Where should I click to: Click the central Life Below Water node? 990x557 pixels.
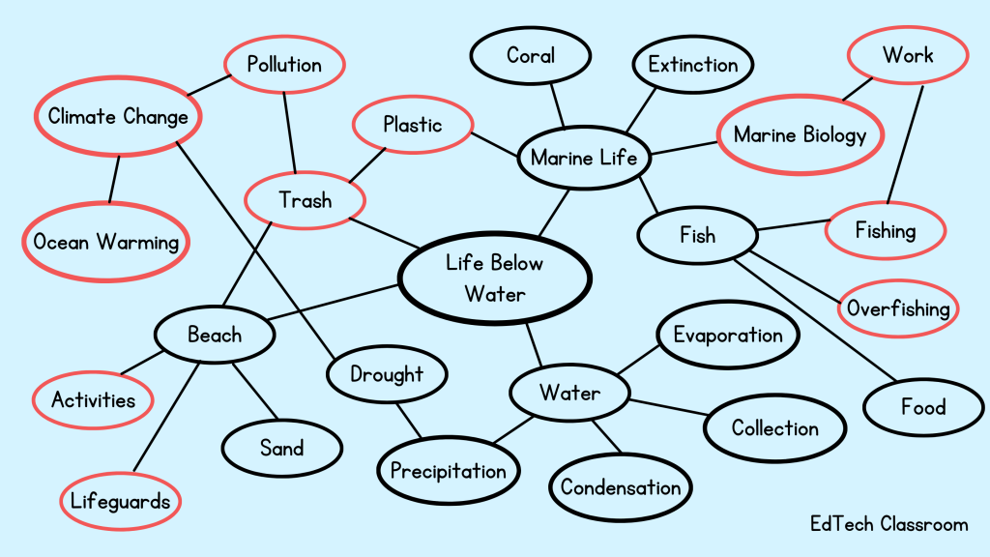click(494, 278)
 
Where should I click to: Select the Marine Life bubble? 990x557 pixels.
click(584, 157)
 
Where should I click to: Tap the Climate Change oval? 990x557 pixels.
click(118, 117)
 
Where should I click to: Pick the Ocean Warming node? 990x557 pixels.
click(106, 242)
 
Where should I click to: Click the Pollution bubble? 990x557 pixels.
click(284, 65)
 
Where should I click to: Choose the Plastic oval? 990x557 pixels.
click(413, 125)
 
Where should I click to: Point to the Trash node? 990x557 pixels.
click(305, 200)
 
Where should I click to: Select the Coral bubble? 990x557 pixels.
click(531, 55)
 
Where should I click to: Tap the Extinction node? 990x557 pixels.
click(692, 65)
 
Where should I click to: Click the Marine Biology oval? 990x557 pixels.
click(801, 134)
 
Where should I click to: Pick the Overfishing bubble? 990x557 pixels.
click(898, 308)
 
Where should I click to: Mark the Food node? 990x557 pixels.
click(922, 407)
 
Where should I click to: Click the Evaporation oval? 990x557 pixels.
click(728, 336)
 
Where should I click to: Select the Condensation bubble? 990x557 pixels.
click(621, 486)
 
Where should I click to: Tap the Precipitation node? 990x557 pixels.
click(448, 471)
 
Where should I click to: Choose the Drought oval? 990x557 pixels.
click(387, 373)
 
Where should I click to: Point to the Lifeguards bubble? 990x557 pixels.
click(121, 501)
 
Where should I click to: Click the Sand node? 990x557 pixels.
click(281, 448)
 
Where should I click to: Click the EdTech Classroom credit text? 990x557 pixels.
click(888, 524)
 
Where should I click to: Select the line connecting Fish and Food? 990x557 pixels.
click(812, 319)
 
